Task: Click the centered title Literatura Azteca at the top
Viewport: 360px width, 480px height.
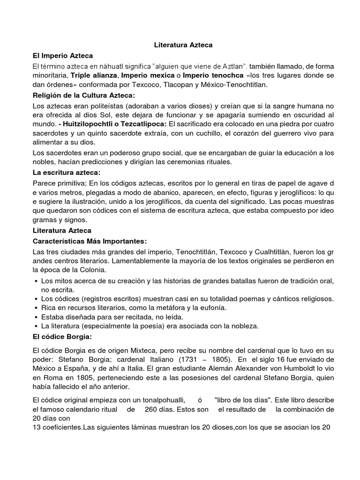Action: pyautogui.click(x=184, y=45)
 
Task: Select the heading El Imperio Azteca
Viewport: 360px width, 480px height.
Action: pyautogui.click(x=63, y=55)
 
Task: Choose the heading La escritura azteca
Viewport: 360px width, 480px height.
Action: pyautogui.click(x=66, y=173)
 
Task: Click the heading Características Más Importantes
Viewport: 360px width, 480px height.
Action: pyautogui.click(x=90, y=241)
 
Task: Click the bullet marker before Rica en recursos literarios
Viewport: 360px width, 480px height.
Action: pyautogui.click(x=36, y=308)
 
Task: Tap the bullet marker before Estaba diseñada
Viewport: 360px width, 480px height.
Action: pyautogui.click(x=36, y=317)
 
